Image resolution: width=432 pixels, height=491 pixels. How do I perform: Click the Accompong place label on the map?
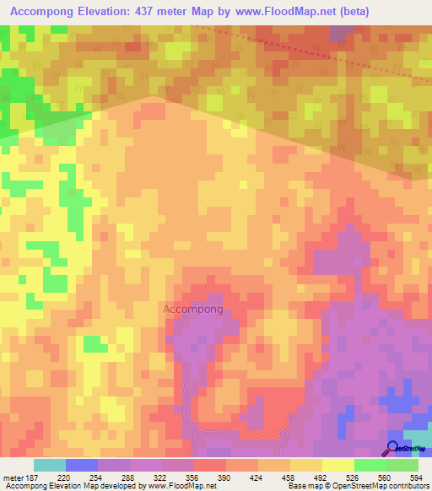click(x=192, y=309)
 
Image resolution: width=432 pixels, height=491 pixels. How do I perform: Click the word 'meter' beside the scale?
click(x=12, y=477)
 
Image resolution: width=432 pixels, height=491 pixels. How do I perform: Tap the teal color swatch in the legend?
click(x=49, y=465)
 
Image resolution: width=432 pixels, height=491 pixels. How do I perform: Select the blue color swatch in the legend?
click(x=81, y=465)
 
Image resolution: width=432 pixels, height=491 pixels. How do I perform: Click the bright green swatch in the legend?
click(x=370, y=465)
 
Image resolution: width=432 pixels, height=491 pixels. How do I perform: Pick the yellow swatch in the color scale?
click(x=337, y=465)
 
